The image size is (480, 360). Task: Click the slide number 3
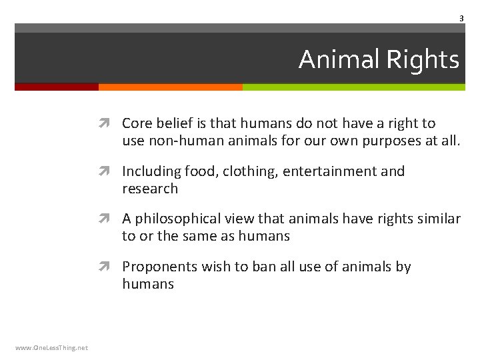click(461, 19)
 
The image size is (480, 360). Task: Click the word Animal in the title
click(339, 60)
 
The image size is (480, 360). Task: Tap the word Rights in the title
click(423, 60)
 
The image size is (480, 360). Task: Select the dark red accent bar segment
click(57, 87)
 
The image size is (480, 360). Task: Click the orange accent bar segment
click(170, 87)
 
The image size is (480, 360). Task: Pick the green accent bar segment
click(353, 87)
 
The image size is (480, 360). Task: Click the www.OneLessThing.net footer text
click(51, 347)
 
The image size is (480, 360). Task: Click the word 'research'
click(150, 189)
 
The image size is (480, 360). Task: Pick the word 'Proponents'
click(160, 267)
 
